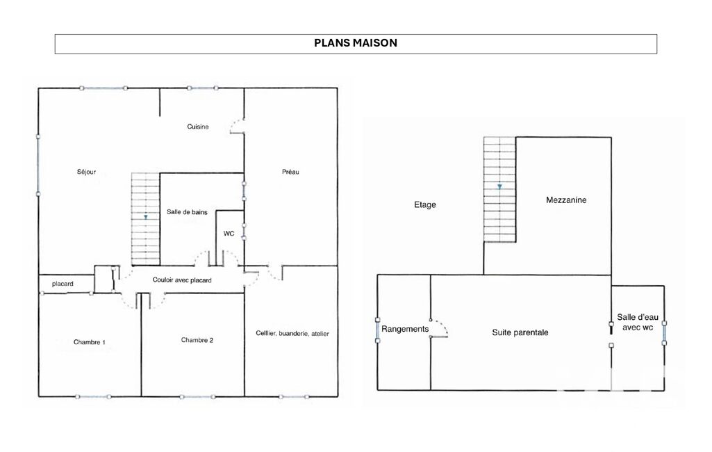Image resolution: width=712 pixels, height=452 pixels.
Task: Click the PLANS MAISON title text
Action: [x=356, y=42]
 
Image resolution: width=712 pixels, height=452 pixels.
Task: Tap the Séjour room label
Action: [x=86, y=172]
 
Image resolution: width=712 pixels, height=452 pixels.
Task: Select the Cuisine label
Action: [x=198, y=127]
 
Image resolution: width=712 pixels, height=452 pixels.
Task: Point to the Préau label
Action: [x=290, y=172]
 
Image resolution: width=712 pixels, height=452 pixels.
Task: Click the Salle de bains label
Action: [x=187, y=212]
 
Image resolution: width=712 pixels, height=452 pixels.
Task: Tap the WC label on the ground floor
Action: [x=229, y=233]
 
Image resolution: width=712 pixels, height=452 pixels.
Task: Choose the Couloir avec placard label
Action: [x=182, y=280]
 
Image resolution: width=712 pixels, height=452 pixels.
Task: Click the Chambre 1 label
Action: [x=90, y=342]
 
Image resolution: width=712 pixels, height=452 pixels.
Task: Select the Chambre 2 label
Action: [x=197, y=340]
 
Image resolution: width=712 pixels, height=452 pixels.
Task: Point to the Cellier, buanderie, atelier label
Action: [x=292, y=333]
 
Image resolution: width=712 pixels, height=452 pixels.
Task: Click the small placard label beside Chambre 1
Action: [x=63, y=284]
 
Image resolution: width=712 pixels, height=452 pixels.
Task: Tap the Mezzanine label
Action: [x=566, y=200]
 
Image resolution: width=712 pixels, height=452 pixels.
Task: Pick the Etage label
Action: [x=425, y=205]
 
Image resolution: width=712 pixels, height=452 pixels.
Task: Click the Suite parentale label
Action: [x=520, y=332]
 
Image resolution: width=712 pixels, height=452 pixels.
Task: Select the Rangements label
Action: [x=405, y=329]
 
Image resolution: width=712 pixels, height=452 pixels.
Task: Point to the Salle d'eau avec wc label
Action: [x=638, y=322]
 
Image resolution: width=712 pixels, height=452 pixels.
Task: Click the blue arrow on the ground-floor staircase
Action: [x=146, y=218]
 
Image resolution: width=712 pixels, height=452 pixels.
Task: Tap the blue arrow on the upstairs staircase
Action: [x=499, y=186]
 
